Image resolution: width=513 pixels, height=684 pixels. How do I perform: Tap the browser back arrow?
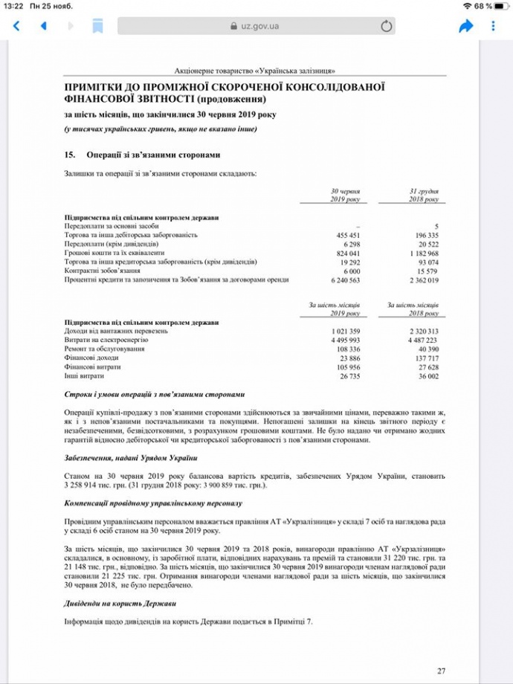(x=16, y=26)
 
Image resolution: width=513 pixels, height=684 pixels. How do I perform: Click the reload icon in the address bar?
(x=386, y=26)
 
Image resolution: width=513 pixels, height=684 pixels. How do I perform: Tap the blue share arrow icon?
(x=466, y=26)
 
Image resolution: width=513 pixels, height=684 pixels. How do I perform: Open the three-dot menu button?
(x=494, y=26)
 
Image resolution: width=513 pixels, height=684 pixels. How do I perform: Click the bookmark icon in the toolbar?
(x=97, y=26)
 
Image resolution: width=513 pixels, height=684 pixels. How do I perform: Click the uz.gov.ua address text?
(x=259, y=26)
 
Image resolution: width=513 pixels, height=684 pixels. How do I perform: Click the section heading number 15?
(x=71, y=155)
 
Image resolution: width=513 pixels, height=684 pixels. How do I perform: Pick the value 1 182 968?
(x=422, y=253)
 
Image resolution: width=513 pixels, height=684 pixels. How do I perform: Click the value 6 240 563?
(x=344, y=280)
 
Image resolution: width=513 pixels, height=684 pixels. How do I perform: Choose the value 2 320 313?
(x=422, y=331)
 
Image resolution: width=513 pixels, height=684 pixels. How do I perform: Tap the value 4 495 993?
(x=344, y=340)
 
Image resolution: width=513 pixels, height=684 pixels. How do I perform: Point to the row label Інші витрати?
(x=84, y=375)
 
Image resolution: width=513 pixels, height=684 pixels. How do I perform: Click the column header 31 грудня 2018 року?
(x=424, y=195)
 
